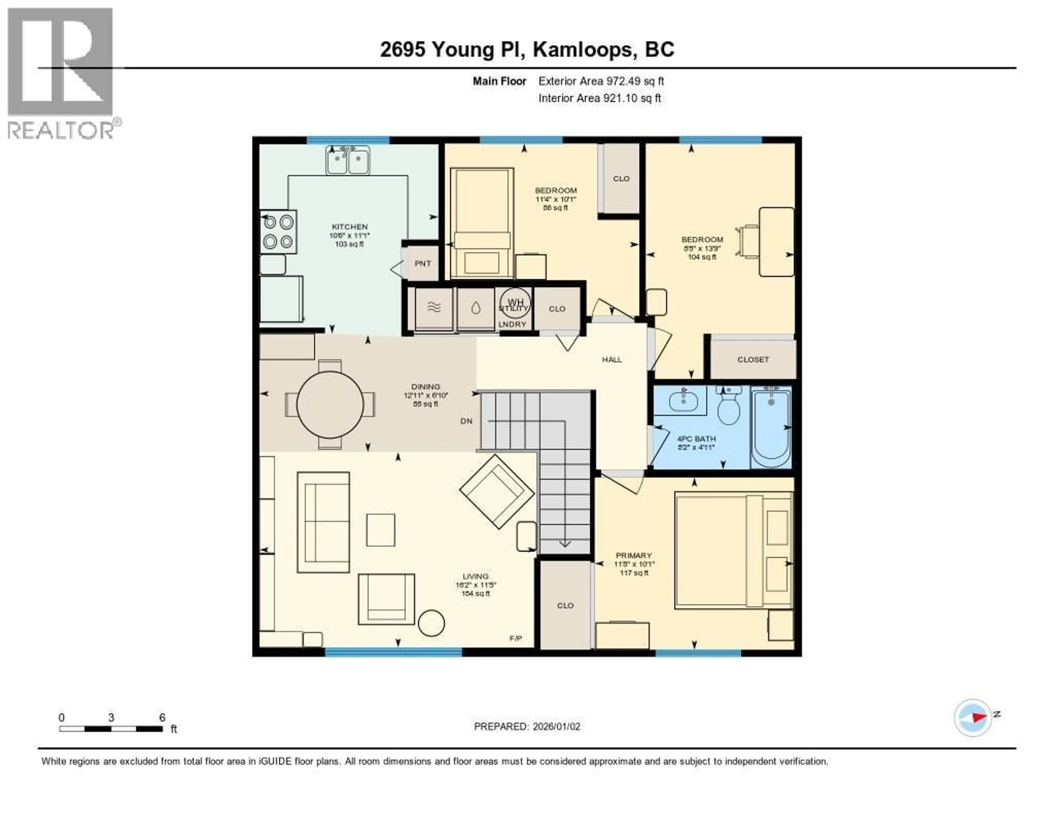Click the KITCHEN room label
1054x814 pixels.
349,226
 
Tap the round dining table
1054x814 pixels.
330,404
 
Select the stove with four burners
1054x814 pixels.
279,232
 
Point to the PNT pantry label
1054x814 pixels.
423,263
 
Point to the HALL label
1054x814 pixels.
612,360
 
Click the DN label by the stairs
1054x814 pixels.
466,421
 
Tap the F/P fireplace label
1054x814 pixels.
515,638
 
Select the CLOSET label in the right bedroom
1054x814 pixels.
753,360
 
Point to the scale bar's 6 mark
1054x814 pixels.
162,717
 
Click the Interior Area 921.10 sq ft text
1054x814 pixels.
599,99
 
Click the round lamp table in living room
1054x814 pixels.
431,623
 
